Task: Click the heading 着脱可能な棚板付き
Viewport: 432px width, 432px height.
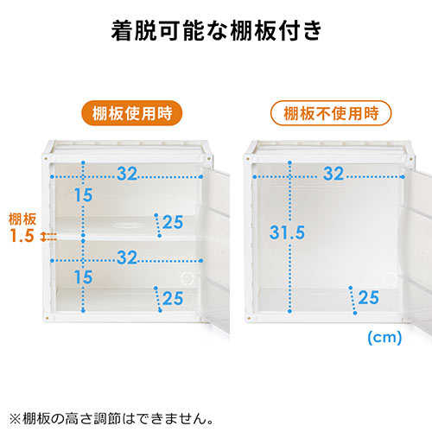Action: click(216, 30)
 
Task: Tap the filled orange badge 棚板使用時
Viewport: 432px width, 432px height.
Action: click(132, 113)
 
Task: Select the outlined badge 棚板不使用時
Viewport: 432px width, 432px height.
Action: click(331, 113)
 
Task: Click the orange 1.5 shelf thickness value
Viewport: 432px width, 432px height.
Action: click(22, 235)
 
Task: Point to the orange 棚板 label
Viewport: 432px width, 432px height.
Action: click(22, 219)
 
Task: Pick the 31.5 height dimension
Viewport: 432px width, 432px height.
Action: click(287, 232)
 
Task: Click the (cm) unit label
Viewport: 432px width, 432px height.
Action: click(384, 337)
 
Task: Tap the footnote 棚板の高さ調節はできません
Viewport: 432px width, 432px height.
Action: click(114, 418)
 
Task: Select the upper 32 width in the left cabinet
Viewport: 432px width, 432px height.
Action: click(127, 174)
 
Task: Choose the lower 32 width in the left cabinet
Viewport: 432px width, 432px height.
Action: click(127, 257)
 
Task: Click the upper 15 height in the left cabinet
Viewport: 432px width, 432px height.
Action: click(84, 195)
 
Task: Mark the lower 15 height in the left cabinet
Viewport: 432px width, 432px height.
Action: click(84, 277)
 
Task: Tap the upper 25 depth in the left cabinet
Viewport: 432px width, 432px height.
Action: click(173, 222)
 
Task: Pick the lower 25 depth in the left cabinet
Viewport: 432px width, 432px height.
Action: click(173, 298)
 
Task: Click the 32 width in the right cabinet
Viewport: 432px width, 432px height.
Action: click(334, 174)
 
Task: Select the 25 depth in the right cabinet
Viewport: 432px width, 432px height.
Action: click(369, 297)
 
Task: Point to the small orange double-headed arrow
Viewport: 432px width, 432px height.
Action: click(43, 237)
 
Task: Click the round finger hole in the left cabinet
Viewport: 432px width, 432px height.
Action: click(187, 278)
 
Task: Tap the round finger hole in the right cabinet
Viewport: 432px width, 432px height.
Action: click(391, 279)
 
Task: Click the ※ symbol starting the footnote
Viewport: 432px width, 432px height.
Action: click(15, 419)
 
